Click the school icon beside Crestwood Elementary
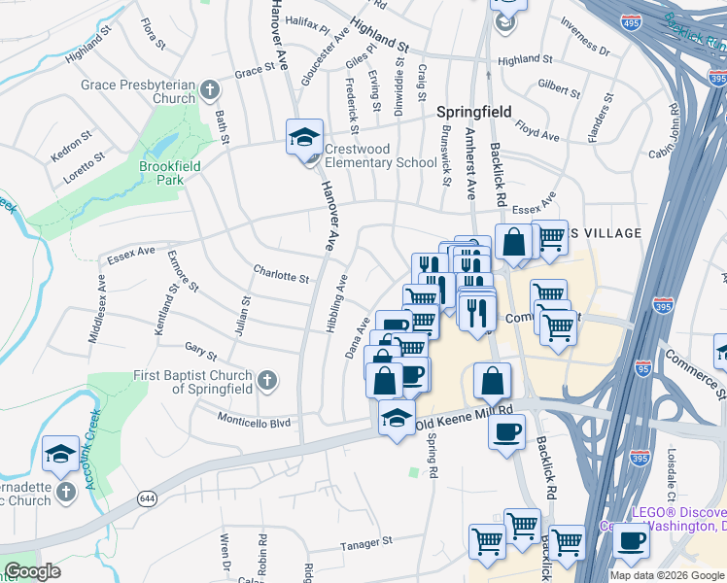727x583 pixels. [304, 137]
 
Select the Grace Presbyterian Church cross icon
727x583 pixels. [210, 92]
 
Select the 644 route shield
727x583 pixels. [147, 498]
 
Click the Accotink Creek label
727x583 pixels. [94, 455]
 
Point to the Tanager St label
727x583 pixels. [365, 542]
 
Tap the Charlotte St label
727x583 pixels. [280, 276]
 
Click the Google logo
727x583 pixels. [32, 572]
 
